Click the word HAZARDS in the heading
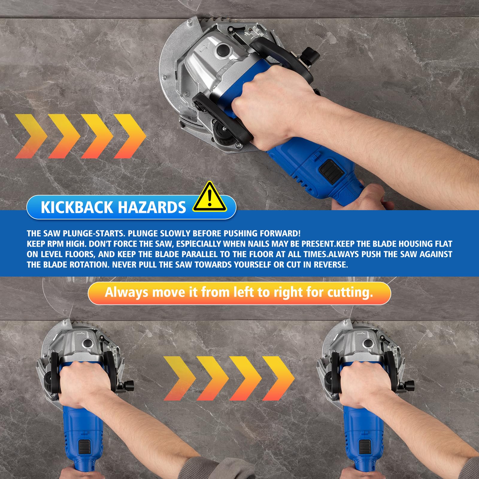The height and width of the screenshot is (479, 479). pyautogui.click(x=151, y=207)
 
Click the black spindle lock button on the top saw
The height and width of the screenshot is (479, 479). pyautogui.click(x=223, y=49)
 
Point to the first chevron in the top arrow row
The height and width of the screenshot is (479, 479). pyautogui.click(x=31, y=136)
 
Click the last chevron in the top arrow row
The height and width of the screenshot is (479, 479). pyautogui.click(x=130, y=136)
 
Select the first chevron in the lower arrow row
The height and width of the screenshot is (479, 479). pyautogui.click(x=180, y=378)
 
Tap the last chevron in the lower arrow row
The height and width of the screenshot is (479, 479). pyautogui.click(x=278, y=378)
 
